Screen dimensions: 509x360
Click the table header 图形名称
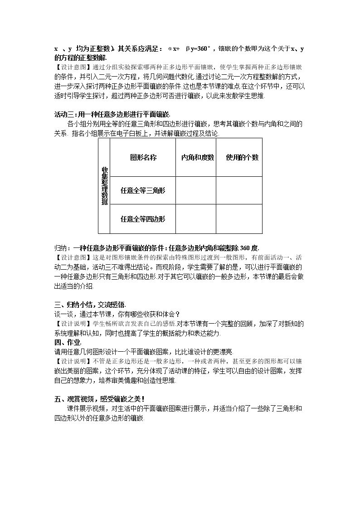pyautogui.click(x=143, y=157)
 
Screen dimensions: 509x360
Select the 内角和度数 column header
pyautogui.click(x=196, y=157)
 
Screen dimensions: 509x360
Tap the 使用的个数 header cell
pyautogui.click(x=239, y=157)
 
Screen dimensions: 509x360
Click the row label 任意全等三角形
pyautogui.click(x=143, y=190)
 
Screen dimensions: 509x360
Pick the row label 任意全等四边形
pyautogui.click(x=143, y=219)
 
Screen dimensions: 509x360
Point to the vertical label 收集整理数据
pyautogui.click(x=105, y=186)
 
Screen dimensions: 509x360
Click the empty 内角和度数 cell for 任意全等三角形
pyautogui.click(x=196, y=190)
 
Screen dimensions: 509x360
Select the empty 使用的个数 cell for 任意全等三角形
pyautogui.click(x=239, y=190)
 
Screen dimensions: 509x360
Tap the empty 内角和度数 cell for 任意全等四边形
pyautogui.click(x=196, y=219)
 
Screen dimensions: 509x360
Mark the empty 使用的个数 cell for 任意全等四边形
pyautogui.click(x=239, y=219)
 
